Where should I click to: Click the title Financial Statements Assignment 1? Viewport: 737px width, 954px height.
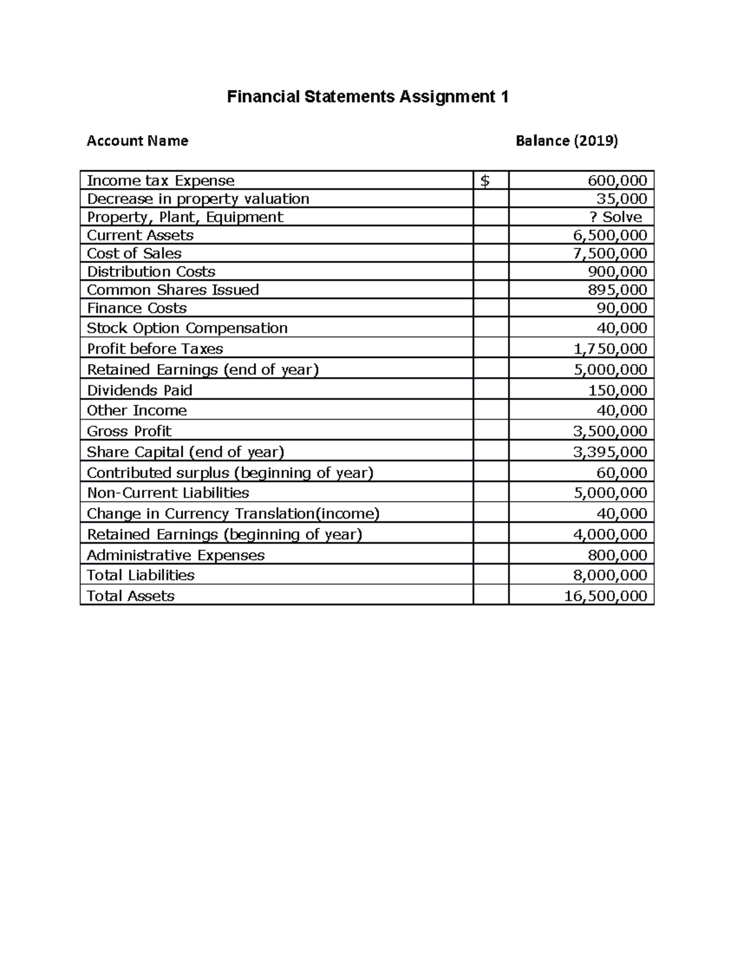click(368, 97)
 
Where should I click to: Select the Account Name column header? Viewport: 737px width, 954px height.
click(138, 141)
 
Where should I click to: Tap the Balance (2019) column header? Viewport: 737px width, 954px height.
click(566, 141)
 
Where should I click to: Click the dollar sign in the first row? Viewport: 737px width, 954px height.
click(485, 181)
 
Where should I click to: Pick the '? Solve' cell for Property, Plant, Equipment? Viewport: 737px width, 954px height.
click(615, 217)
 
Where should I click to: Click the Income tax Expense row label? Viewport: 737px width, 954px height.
click(160, 181)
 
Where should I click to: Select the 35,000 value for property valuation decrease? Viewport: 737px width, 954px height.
click(622, 199)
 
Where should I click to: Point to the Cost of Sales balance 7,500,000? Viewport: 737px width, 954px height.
click(609, 254)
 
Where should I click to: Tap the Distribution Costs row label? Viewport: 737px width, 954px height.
click(151, 272)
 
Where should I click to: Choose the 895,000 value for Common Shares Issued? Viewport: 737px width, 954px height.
click(617, 290)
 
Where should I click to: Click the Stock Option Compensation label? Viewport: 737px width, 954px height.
click(187, 328)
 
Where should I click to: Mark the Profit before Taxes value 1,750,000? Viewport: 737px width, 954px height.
click(609, 349)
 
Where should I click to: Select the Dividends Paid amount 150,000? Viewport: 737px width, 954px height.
click(617, 391)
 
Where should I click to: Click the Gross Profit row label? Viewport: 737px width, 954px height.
click(129, 431)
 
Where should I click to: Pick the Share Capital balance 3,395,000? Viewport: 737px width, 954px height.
click(609, 452)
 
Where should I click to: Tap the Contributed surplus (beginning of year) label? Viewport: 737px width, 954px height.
click(230, 473)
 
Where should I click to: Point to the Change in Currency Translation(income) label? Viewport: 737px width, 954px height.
click(233, 514)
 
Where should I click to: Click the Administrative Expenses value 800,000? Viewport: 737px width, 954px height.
click(617, 555)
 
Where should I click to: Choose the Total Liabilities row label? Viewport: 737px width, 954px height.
click(140, 576)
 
